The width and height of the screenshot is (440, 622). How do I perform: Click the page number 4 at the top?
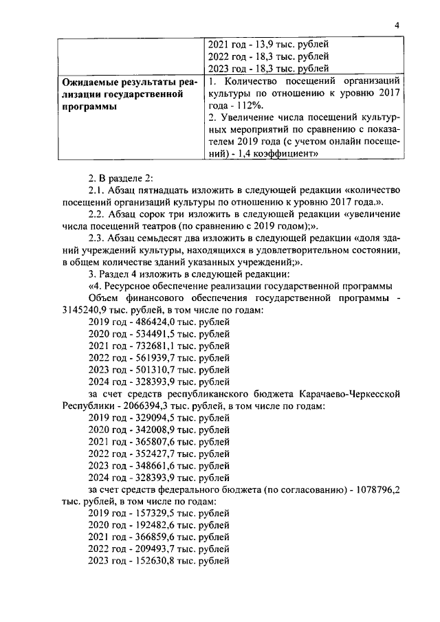[397, 25]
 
